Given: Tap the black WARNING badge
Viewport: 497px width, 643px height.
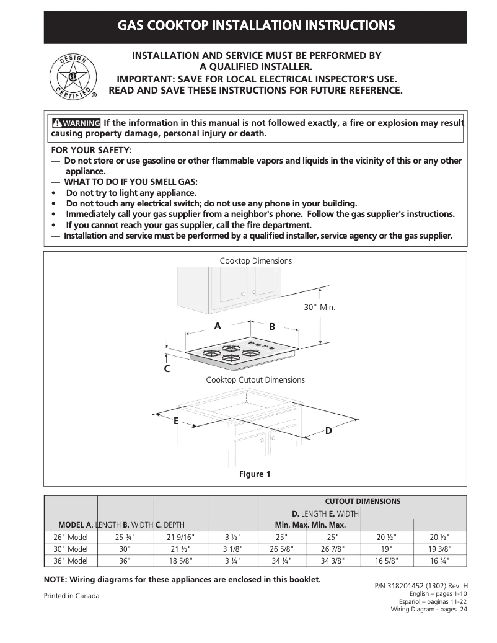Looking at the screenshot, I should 76,123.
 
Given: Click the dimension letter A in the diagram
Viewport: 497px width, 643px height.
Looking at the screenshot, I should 218,326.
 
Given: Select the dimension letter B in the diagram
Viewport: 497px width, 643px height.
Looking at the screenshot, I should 271,326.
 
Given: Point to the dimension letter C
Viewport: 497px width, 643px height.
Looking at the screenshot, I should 167,369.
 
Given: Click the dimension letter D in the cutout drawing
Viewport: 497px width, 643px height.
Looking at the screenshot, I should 328,430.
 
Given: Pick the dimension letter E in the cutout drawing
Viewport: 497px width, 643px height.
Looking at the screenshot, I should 176,420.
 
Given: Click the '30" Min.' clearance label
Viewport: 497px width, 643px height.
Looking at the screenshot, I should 319,307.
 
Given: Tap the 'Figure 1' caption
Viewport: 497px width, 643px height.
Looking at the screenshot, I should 255,474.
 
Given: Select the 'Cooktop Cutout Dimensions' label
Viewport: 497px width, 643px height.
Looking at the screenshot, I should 255,379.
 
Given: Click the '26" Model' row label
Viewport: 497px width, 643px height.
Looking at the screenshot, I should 70,537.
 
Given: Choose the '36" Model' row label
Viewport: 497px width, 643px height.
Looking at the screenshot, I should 70,561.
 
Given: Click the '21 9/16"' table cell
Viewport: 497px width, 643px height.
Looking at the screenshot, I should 181,537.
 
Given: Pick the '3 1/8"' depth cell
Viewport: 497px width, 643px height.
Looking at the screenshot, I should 233,549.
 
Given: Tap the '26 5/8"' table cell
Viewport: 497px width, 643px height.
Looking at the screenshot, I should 282,549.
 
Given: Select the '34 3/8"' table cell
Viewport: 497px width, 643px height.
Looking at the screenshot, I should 333,561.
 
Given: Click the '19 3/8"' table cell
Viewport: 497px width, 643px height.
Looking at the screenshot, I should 440,549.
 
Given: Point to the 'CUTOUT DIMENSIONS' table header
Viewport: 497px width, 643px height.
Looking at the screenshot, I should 363,501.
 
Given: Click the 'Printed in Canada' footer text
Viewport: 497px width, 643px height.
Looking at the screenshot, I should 71,596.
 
